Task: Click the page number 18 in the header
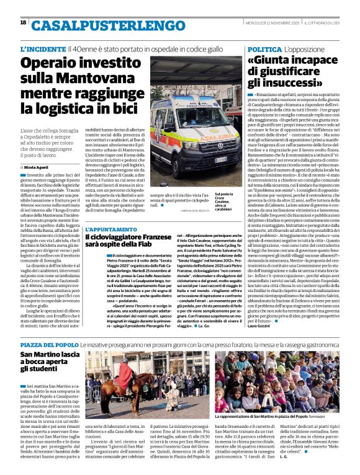[x=23, y=23]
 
